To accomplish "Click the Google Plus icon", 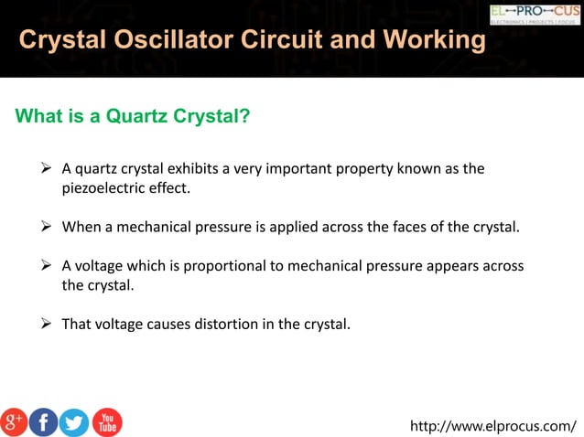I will click(x=14, y=421).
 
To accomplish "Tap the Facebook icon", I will click(x=43, y=421).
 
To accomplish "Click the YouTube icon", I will click(x=106, y=421).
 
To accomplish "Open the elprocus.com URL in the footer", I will click(x=493, y=425).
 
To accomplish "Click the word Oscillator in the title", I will click(x=179, y=40).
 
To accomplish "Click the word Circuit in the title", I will click(x=295, y=40).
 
